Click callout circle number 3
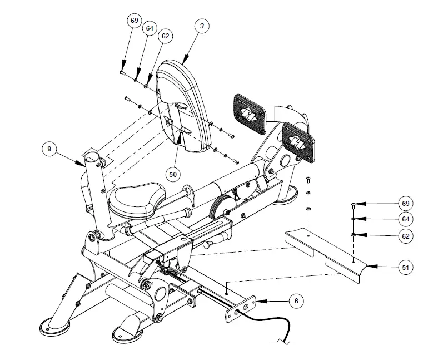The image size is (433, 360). (201, 26)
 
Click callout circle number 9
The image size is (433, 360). (49, 149)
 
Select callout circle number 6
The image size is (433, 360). (296, 300)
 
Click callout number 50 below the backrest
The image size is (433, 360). (173, 174)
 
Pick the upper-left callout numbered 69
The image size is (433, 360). (134, 21)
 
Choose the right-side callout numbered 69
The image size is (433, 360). (406, 203)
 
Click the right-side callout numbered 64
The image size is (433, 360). (406, 219)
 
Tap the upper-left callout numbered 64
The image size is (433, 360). (150, 28)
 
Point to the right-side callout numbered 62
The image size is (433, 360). (406, 236)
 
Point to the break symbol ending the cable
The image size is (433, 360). (283, 341)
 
